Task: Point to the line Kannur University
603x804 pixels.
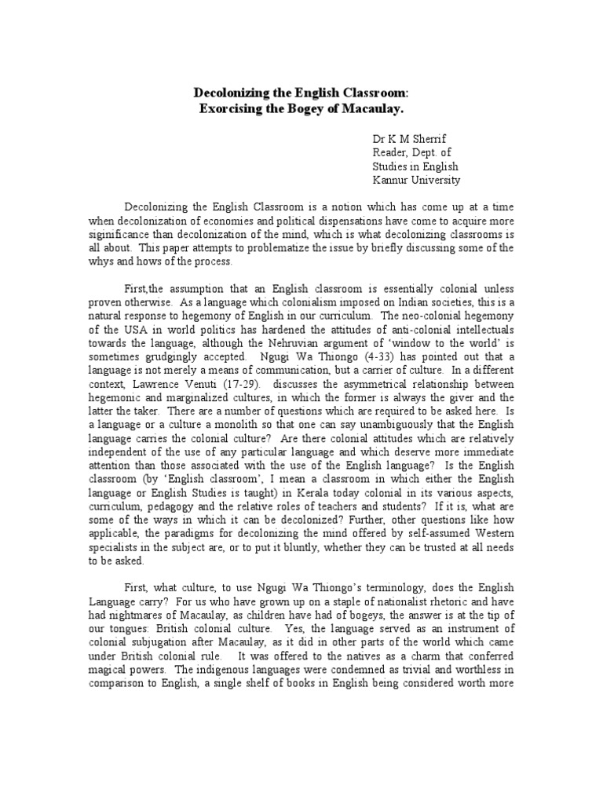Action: [x=416, y=180]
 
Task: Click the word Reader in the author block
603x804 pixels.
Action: [x=390, y=152]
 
